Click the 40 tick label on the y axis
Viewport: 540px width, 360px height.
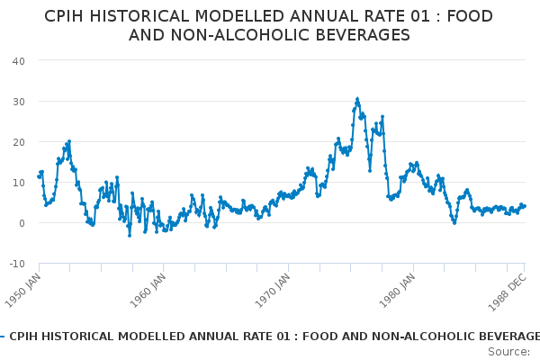[18, 60]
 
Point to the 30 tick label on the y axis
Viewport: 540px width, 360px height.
[18, 101]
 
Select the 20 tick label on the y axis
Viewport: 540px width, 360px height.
[18, 141]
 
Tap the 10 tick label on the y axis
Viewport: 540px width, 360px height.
[18, 182]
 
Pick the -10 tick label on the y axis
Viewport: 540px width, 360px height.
[16, 263]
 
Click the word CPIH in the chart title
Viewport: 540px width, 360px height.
[68, 16]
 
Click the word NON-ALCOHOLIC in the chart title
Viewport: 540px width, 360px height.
[234, 35]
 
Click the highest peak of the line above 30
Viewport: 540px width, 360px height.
[357, 99]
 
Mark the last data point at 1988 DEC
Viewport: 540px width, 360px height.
[525, 206]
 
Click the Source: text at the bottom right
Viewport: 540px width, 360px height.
[508, 351]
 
